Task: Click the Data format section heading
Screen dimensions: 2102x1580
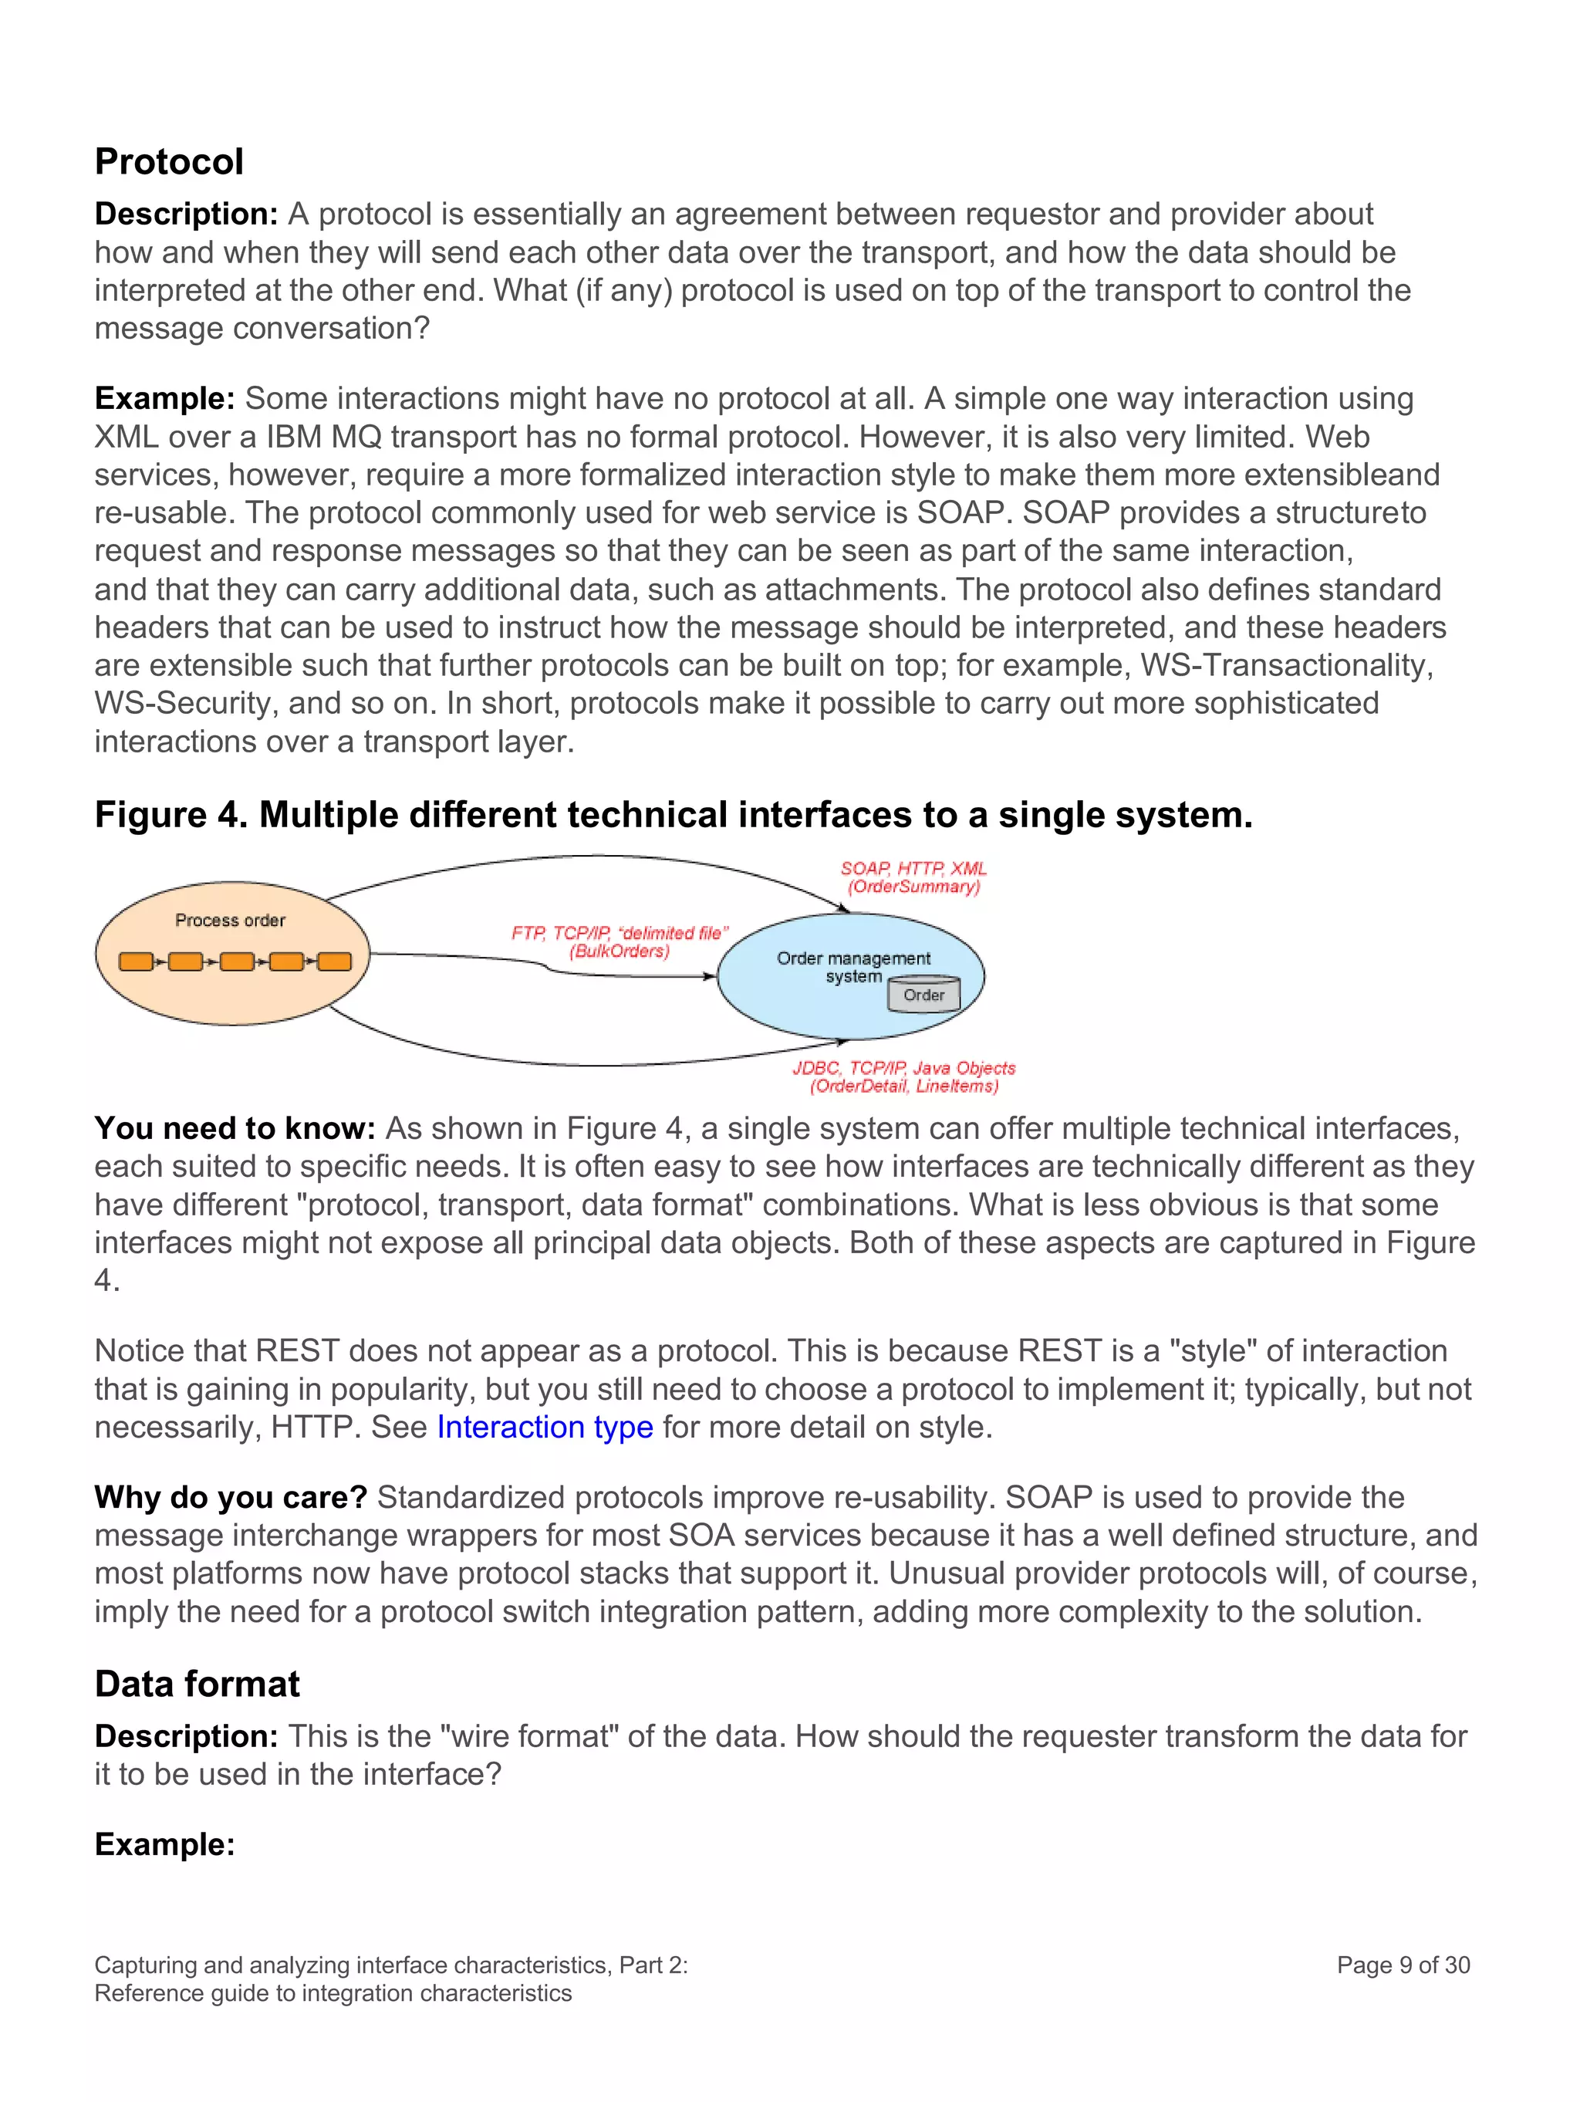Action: point(197,1683)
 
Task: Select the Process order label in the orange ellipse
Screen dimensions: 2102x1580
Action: point(230,920)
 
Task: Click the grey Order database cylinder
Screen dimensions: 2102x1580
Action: point(923,994)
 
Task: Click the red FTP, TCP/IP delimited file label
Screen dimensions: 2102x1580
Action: point(620,933)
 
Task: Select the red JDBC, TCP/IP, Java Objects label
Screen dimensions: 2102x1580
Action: point(903,1068)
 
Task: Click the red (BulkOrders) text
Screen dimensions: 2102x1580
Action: point(620,951)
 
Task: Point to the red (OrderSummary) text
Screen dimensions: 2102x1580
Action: point(913,887)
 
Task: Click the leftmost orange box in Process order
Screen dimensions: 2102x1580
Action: point(136,961)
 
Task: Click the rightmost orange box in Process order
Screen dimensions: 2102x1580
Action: point(333,961)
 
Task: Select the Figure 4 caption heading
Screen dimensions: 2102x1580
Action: point(673,814)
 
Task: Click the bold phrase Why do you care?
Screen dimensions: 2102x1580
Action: point(231,1497)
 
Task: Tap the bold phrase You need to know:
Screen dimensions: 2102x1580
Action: point(235,1128)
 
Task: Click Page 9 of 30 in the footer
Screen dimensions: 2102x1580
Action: point(1403,1964)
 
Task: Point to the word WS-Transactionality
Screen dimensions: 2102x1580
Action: point(1285,664)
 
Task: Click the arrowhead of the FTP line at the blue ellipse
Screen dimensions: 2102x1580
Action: point(710,976)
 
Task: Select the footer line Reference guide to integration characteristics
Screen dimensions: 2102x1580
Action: point(333,1992)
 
